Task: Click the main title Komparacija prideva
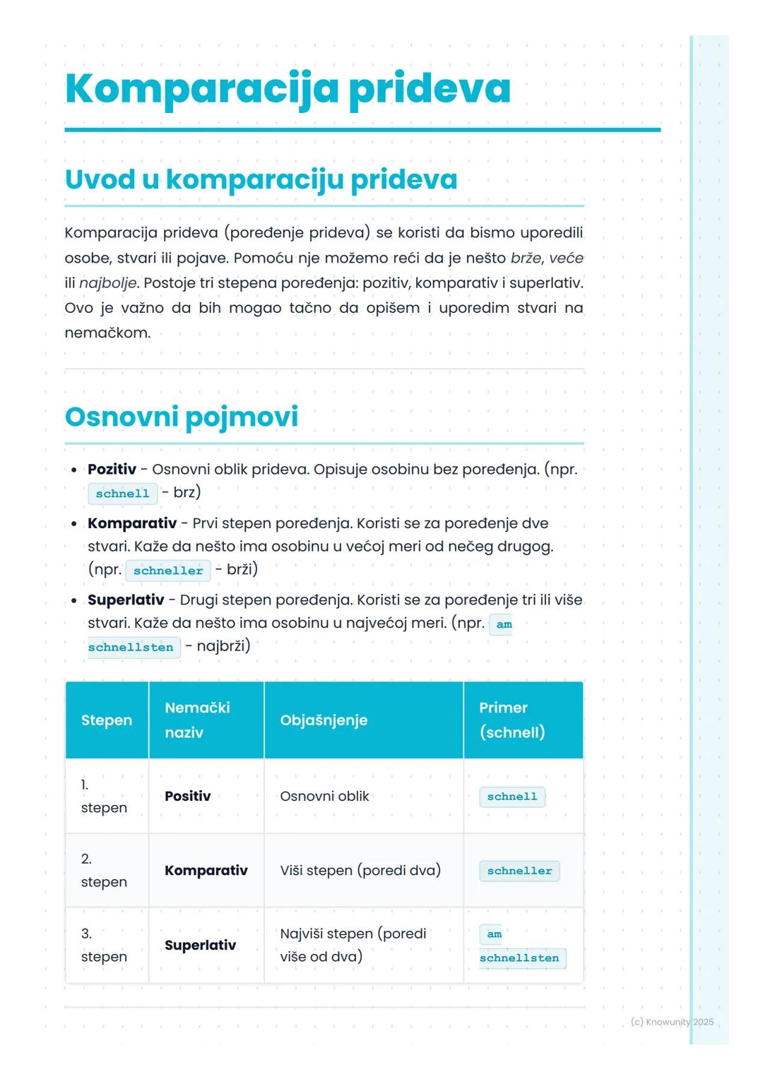click(287, 88)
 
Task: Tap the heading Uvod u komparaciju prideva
click(261, 179)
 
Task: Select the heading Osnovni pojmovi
click(181, 417)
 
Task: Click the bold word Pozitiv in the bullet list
click(112, 470)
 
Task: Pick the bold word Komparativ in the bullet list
click(132, 523)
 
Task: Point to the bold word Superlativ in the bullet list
click(126, 600)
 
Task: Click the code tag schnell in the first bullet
click(122, 494)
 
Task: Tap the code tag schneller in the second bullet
click(168, 571)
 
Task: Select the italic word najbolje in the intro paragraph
click(107, 283)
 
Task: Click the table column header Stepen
click(107, 720)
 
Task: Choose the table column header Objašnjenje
click(324, 720)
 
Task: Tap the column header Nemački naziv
click(197, 720)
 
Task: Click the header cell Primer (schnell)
click(511, 720)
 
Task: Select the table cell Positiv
click(187, 797)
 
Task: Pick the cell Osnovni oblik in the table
click(324, 797)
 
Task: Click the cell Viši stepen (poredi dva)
click(360, 871)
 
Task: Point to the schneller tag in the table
click(519, 871)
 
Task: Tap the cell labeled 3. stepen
click(104, 945)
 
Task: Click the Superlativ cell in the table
click(200, 946)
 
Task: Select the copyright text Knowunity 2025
click(672, 1022)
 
